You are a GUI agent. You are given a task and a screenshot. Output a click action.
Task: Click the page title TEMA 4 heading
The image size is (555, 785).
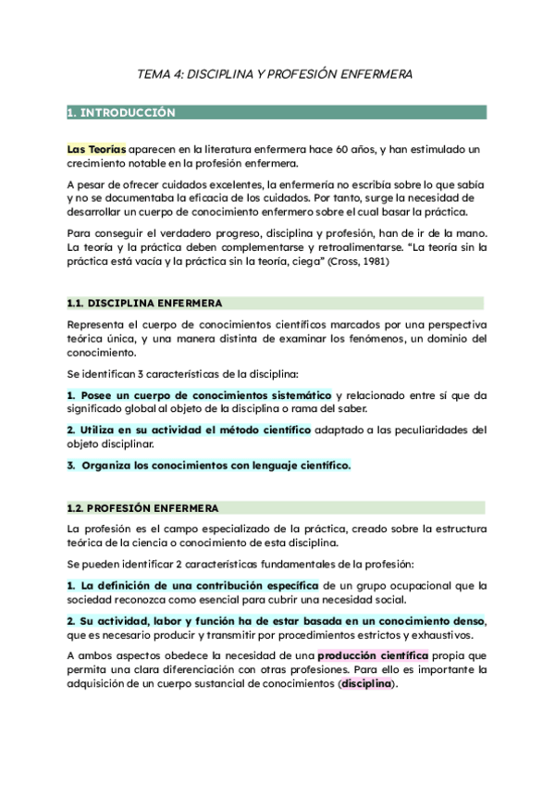(275, 72)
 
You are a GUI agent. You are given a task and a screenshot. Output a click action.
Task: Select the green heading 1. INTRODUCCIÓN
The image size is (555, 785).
(122, 113)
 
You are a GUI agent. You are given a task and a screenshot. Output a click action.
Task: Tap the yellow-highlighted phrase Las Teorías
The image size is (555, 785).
(96, 149)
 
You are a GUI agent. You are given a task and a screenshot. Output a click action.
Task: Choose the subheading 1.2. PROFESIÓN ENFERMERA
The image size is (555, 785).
(143, 508)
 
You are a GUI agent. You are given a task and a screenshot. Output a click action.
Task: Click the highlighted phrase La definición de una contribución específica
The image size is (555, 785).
(192, 586)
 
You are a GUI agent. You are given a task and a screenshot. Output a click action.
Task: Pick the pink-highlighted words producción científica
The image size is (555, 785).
(375, 655)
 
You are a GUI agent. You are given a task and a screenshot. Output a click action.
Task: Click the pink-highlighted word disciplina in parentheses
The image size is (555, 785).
(366, 683)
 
